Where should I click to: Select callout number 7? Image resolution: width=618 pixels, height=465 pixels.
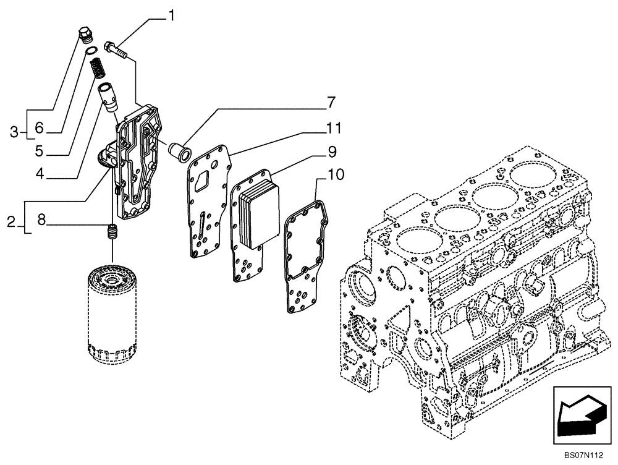[x=331, y=102]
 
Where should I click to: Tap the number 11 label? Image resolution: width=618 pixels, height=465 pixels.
[x=334, y=129]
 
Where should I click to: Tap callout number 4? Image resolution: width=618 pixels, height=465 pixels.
[x=40, y=176]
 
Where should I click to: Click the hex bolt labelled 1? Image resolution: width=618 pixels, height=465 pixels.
[x=118, y=49]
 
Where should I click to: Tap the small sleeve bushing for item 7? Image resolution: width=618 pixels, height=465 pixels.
[x=180, y=152]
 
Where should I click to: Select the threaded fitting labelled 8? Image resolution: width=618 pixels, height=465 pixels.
[x=112, y=234]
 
